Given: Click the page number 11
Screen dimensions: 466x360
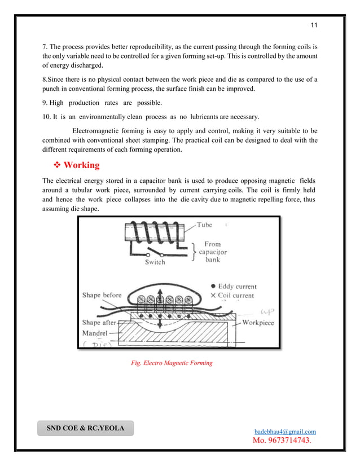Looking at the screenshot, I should tap(315, 26).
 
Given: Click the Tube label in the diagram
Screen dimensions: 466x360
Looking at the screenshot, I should tap(204, 225).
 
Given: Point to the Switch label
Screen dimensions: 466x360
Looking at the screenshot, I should tap(155, 262).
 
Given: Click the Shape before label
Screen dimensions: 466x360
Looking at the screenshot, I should tap(102, 295).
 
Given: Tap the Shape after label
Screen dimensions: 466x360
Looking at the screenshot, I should tap(99, 323).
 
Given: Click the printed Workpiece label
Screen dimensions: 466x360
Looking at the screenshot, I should tap(258, 323).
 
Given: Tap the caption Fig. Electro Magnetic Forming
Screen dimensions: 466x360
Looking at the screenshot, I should tap(172, 363).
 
